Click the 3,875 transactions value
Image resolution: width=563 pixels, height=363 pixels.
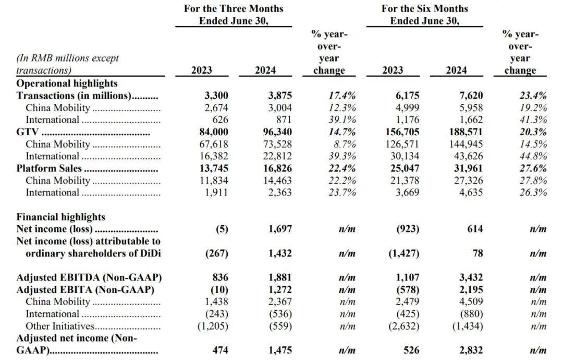coord(280,96)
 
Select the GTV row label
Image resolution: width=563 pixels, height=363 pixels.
coord(27,132)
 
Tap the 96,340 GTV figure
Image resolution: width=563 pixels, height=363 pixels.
coord(277,132)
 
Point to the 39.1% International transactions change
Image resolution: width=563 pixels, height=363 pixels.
coord(342,120)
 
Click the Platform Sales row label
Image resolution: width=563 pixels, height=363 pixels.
coord(49,168)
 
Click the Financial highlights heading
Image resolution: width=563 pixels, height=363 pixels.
coord(60,217)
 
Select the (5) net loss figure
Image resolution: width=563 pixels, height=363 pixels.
coord(222,229)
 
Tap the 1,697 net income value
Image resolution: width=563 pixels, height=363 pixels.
coord(280,229)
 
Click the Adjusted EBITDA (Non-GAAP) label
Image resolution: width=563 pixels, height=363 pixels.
coord(89,277)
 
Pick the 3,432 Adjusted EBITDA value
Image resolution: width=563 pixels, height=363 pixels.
coord(471,277)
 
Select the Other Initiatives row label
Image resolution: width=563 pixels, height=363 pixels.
coord(59,326)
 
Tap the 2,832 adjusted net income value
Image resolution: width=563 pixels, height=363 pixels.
coord(471,350)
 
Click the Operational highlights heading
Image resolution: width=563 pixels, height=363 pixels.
coord(67,83)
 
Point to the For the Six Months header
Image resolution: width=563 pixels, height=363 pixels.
coord(425,8)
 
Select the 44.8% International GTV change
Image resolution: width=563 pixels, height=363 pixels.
coord(533,156)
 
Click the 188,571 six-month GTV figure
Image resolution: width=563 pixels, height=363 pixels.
coord(466,132)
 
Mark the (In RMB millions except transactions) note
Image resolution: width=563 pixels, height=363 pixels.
coord(67,64)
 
